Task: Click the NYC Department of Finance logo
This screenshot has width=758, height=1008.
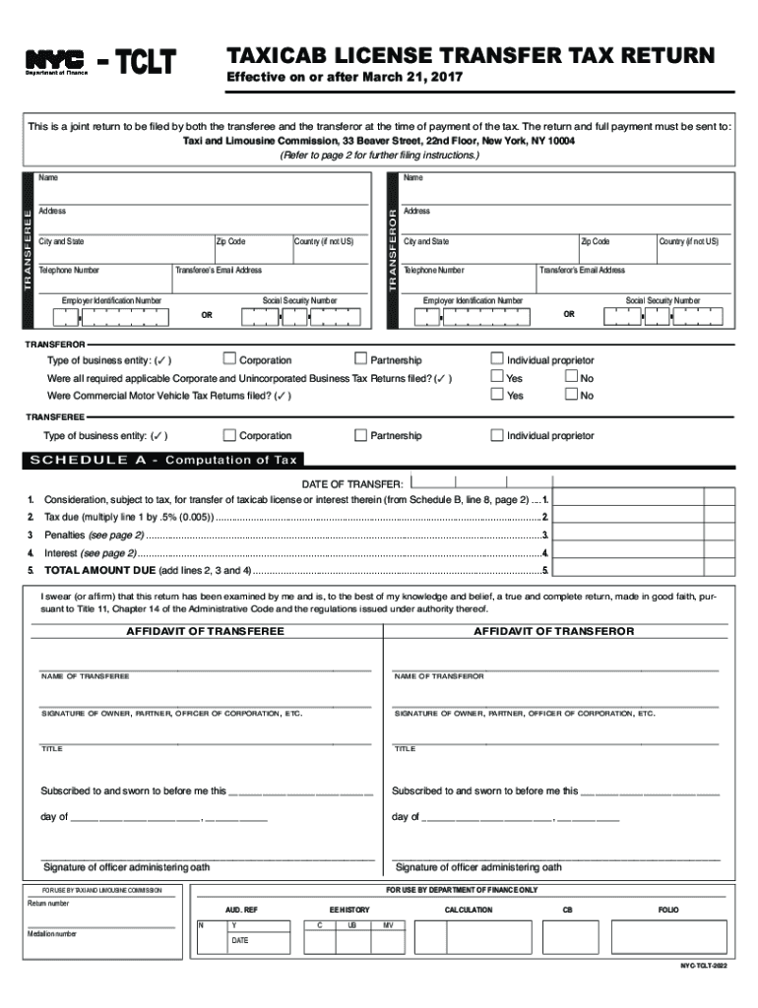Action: click(x=54, y=64)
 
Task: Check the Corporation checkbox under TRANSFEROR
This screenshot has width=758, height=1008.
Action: click(x=230, y=360)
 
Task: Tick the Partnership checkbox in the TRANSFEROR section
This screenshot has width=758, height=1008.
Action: click(x=361, y=360)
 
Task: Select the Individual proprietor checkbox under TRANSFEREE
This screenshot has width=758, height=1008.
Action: click(x=497, y=435)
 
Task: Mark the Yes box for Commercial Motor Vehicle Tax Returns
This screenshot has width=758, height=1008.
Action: click(x=497, y=395)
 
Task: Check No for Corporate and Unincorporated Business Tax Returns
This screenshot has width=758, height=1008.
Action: click(x=572, y=378)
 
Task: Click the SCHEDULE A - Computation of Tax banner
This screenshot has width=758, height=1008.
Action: click(x=164, y=460)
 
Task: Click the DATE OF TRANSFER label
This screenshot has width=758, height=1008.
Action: click(x=351, y=484)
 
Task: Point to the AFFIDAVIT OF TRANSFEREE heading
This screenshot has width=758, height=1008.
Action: click(x=205, y=631)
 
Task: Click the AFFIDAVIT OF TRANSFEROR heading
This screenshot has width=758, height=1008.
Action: click(x=554, y=631)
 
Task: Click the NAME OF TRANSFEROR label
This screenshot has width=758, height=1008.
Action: click(x=439, y=677)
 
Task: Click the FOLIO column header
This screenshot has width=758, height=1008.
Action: click(x=667, y=910)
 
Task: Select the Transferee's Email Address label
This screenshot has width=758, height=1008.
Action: click(x=219, y=270)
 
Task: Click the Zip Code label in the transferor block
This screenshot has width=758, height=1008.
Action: click(x=596, y=241)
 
